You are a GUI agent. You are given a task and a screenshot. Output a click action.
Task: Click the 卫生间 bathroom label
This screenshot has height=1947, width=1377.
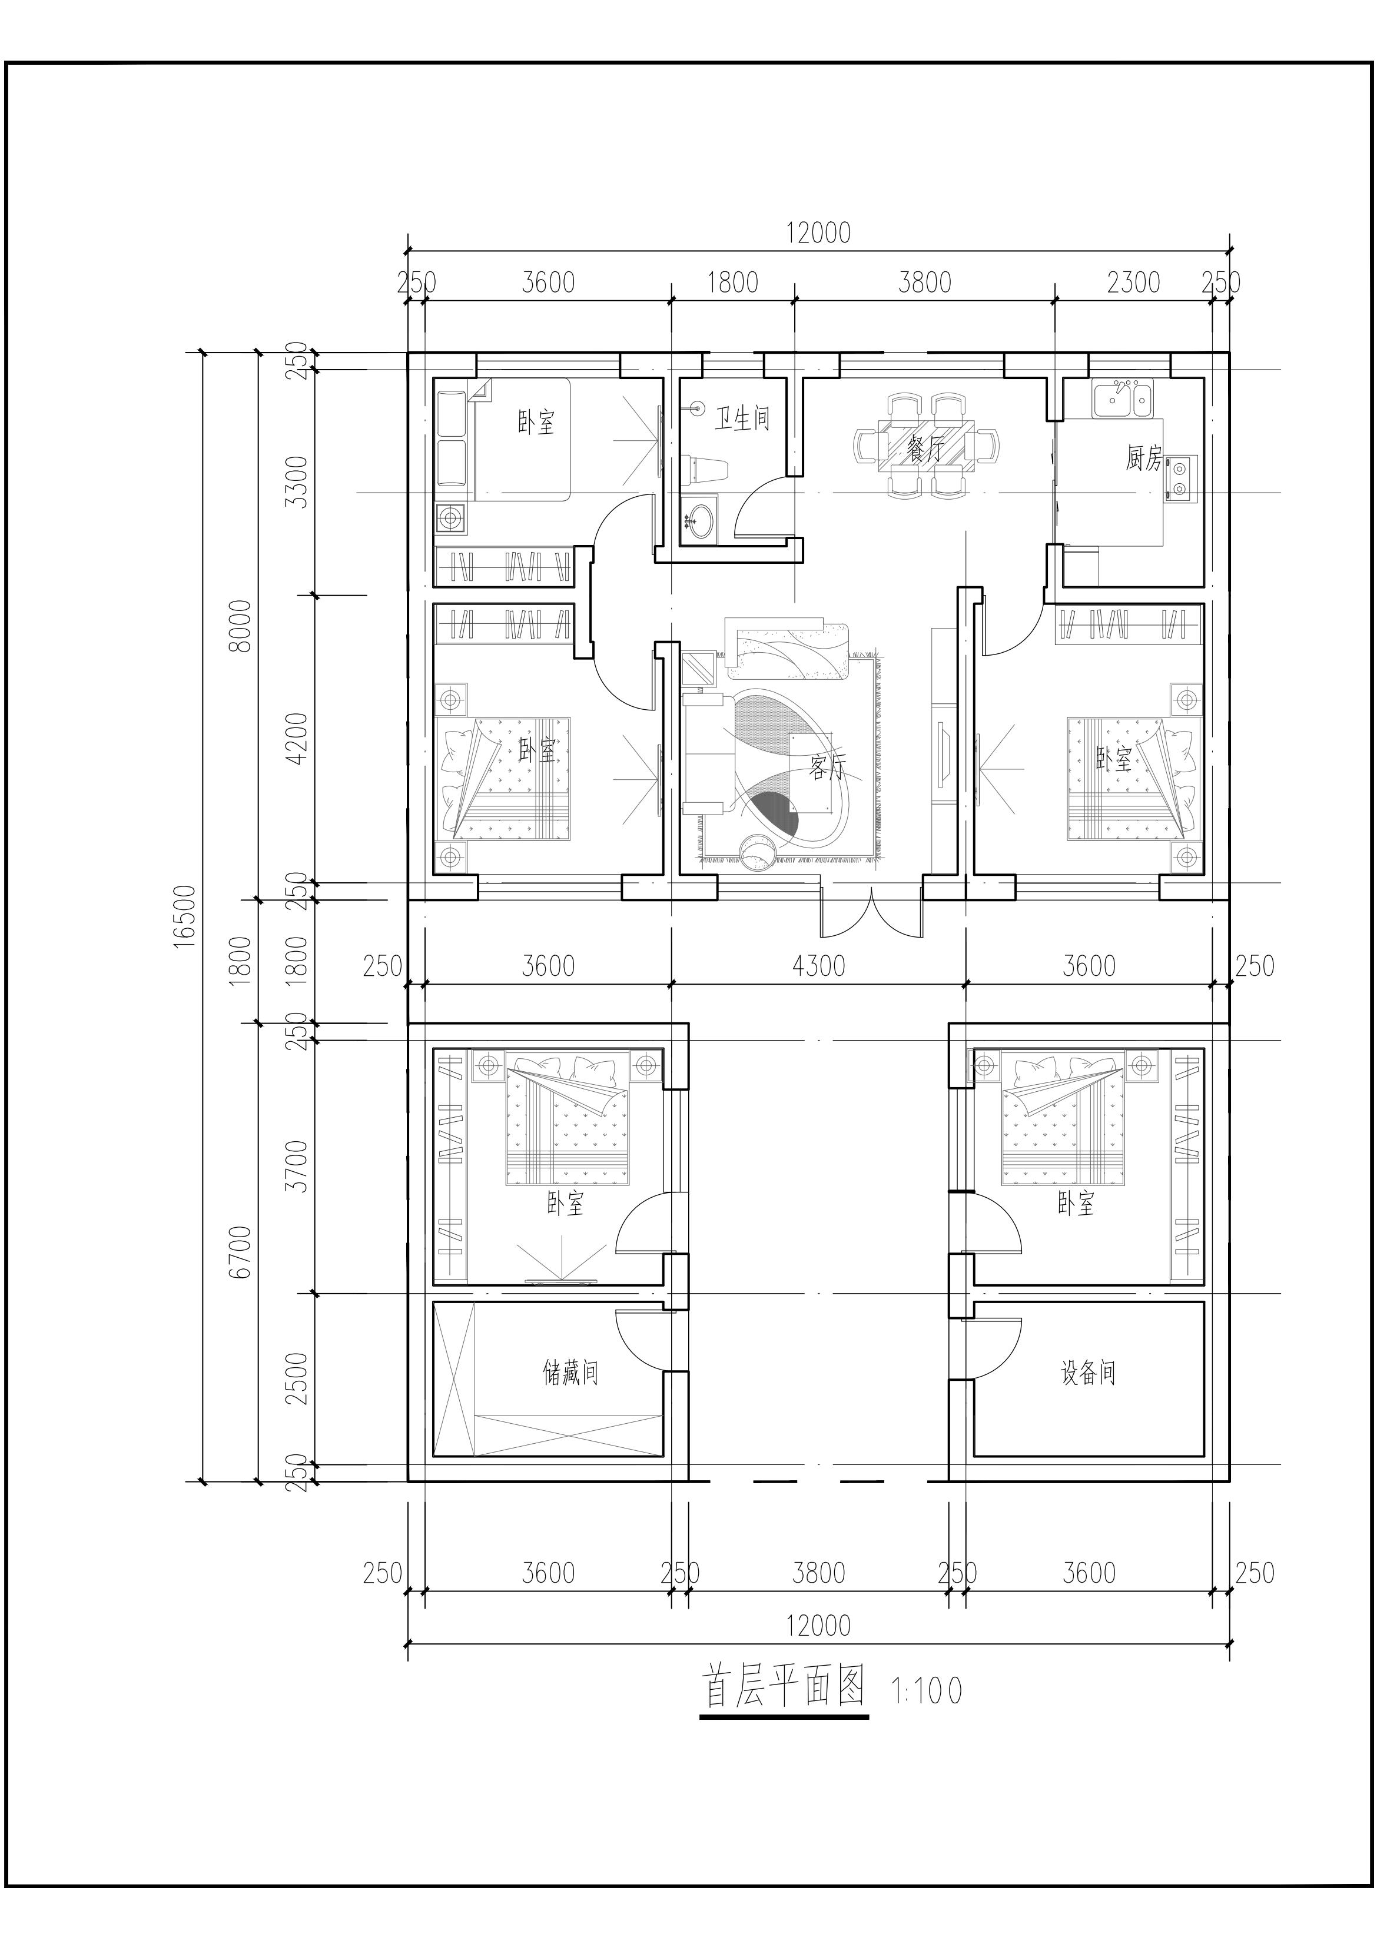point(742,418)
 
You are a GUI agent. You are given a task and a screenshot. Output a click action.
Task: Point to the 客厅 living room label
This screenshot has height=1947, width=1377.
point(827,767)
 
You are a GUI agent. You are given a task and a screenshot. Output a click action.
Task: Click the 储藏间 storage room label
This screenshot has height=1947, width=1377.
point(570,1371)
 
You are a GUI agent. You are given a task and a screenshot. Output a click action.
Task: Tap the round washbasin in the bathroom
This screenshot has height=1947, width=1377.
point(700,517)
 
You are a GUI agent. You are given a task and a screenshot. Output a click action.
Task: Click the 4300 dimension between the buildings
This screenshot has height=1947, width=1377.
point(819,965)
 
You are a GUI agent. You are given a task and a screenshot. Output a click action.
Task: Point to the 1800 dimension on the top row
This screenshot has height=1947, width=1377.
point(732,281)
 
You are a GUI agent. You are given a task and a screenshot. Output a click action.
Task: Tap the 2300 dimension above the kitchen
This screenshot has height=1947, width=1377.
point(1133,281)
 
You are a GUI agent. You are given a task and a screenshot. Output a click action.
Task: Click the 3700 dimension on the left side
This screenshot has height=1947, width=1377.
point(296,1166)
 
